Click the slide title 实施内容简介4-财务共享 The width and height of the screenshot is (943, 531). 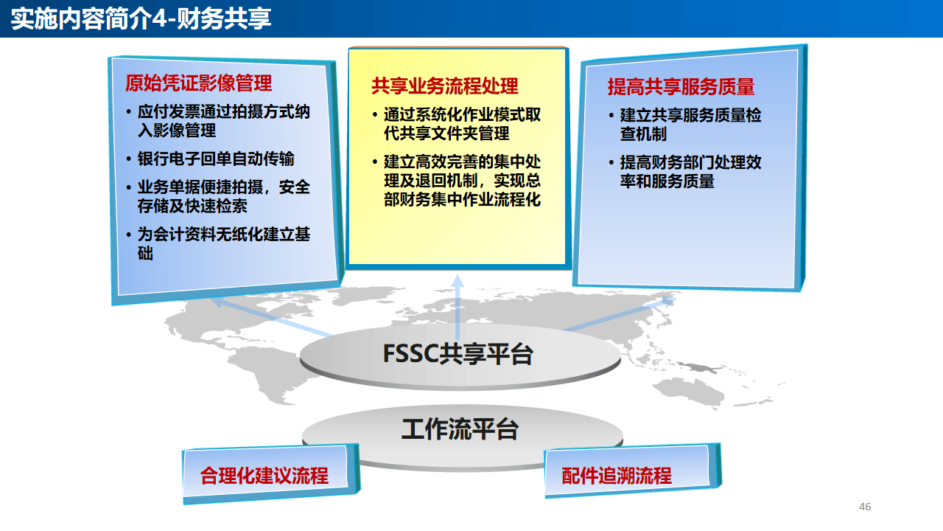pyautogui.click(x=141, y=18)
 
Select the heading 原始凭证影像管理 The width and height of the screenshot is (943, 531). pyautogui.click(x=199, y=83)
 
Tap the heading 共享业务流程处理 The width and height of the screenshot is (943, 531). pyautogui.click(x=445, y=86)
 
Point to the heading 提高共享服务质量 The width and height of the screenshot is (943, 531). pyautogui.click(x=681, y=87)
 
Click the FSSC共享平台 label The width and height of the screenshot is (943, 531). pyautogui.click(x=458, y=355)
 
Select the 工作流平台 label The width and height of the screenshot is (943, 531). pyautogui.click(x=460, y=428)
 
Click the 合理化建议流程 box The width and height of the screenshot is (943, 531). pyautogui.click(x=264, y=476)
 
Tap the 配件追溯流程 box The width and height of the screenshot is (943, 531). pyautogui.click(x=617, y=476)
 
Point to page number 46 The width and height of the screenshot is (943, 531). pyautogui.click(x=865, y=507)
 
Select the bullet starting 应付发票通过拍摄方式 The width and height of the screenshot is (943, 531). pyautogui.click(x=223, y=122)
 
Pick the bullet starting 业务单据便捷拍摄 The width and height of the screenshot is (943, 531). pyautogui.click(x=223, y=197)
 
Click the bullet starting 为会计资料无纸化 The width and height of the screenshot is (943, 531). pyautogui.click(x=223, y=244)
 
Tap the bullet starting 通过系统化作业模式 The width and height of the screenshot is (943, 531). pyautogui.click(x=462, y=125)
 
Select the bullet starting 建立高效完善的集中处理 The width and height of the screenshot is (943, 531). pyautogui.click(x=462, y=181)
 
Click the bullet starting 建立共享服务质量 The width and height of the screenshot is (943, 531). pyautogui.click(x=690, y=125)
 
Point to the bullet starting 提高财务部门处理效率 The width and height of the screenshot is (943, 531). pyautogui.click(x=690, y=172)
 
